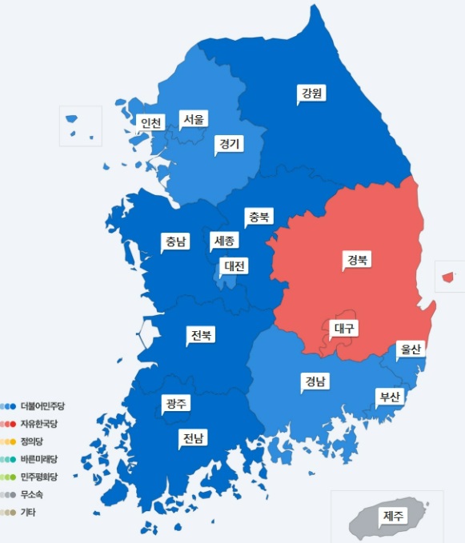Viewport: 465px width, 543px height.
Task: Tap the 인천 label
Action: coord(150,123)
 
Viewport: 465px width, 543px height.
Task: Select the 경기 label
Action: coord(229,144)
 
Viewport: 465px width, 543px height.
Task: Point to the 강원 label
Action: coord(311,94)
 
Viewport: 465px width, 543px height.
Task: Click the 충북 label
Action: coord(259,217)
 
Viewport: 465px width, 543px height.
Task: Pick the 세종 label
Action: coord(225,240)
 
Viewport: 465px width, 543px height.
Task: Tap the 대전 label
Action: coord(235,266)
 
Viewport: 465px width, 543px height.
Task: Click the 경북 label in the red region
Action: coord(358,259)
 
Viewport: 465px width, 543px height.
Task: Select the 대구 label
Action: coord(344,328)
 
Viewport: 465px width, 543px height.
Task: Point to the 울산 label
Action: coord(411,349)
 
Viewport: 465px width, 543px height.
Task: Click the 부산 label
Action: coord(390,397)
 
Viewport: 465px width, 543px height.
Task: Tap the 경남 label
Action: coord(315,382)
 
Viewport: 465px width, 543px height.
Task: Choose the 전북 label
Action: coord(201,334)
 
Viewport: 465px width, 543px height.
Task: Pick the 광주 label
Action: coord(175,403)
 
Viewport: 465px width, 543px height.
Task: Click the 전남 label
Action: coord(193,437)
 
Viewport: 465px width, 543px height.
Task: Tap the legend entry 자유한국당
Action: coord(39,424)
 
